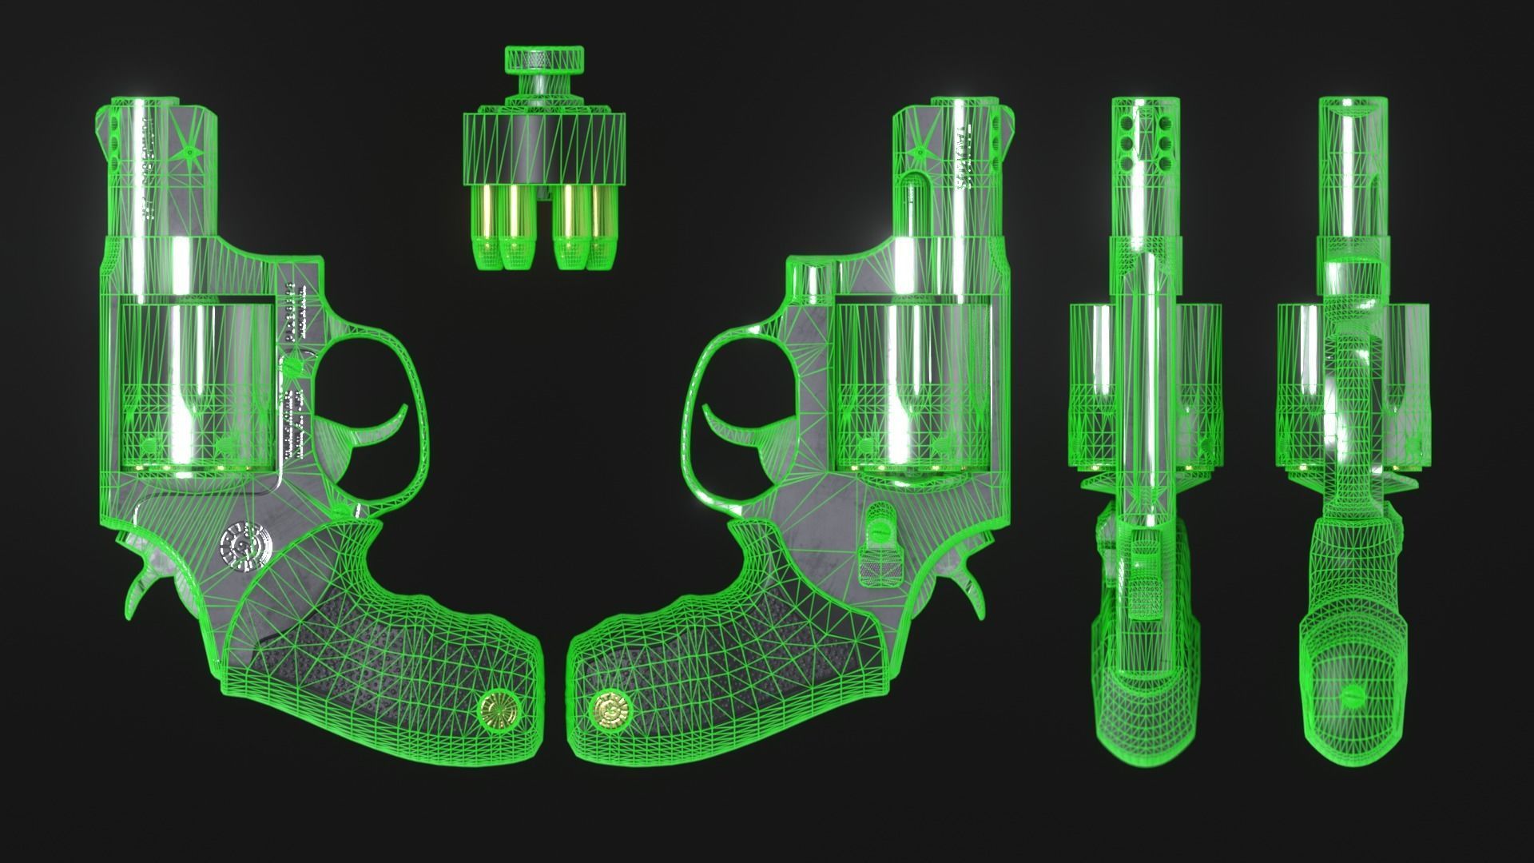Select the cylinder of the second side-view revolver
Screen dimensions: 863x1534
pyautogui.click(x=911, y=384)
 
